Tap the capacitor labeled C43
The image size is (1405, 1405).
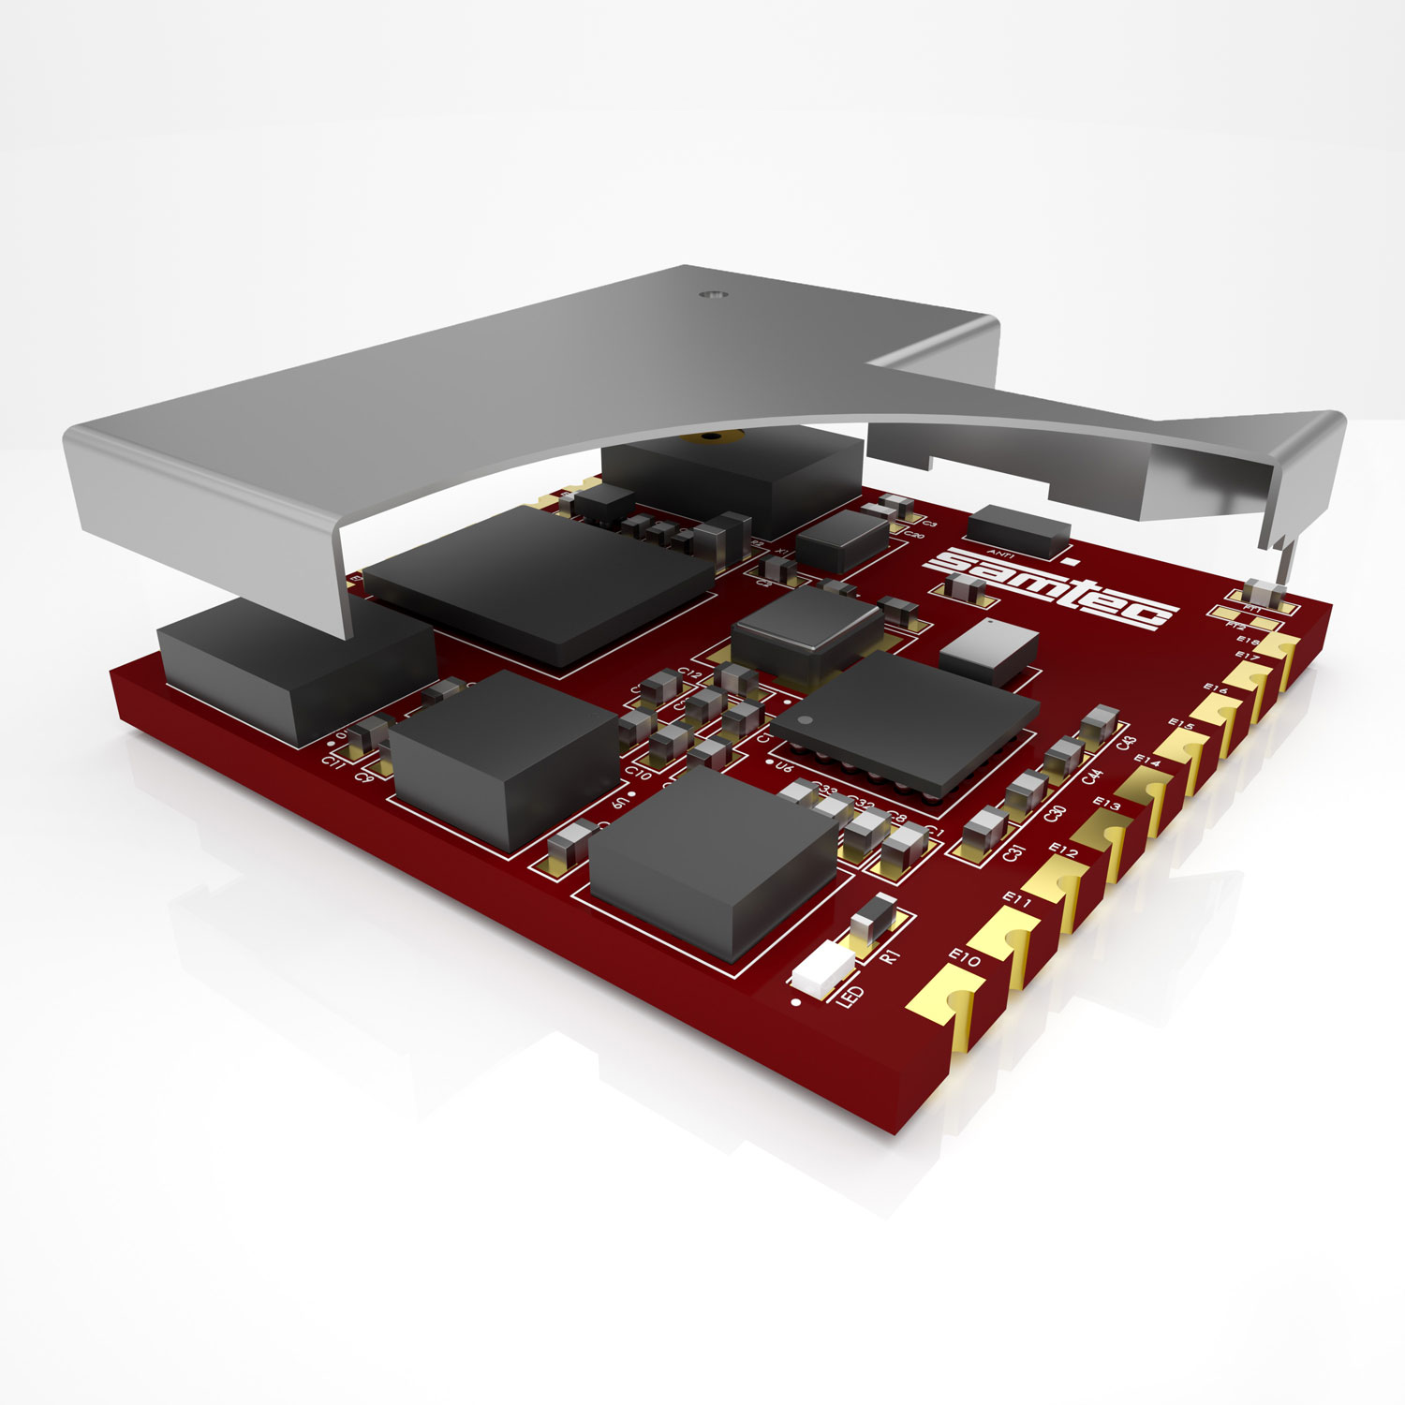[1097, 725]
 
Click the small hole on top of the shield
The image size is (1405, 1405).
[713, 294]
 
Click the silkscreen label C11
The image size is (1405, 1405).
[331, 761]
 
